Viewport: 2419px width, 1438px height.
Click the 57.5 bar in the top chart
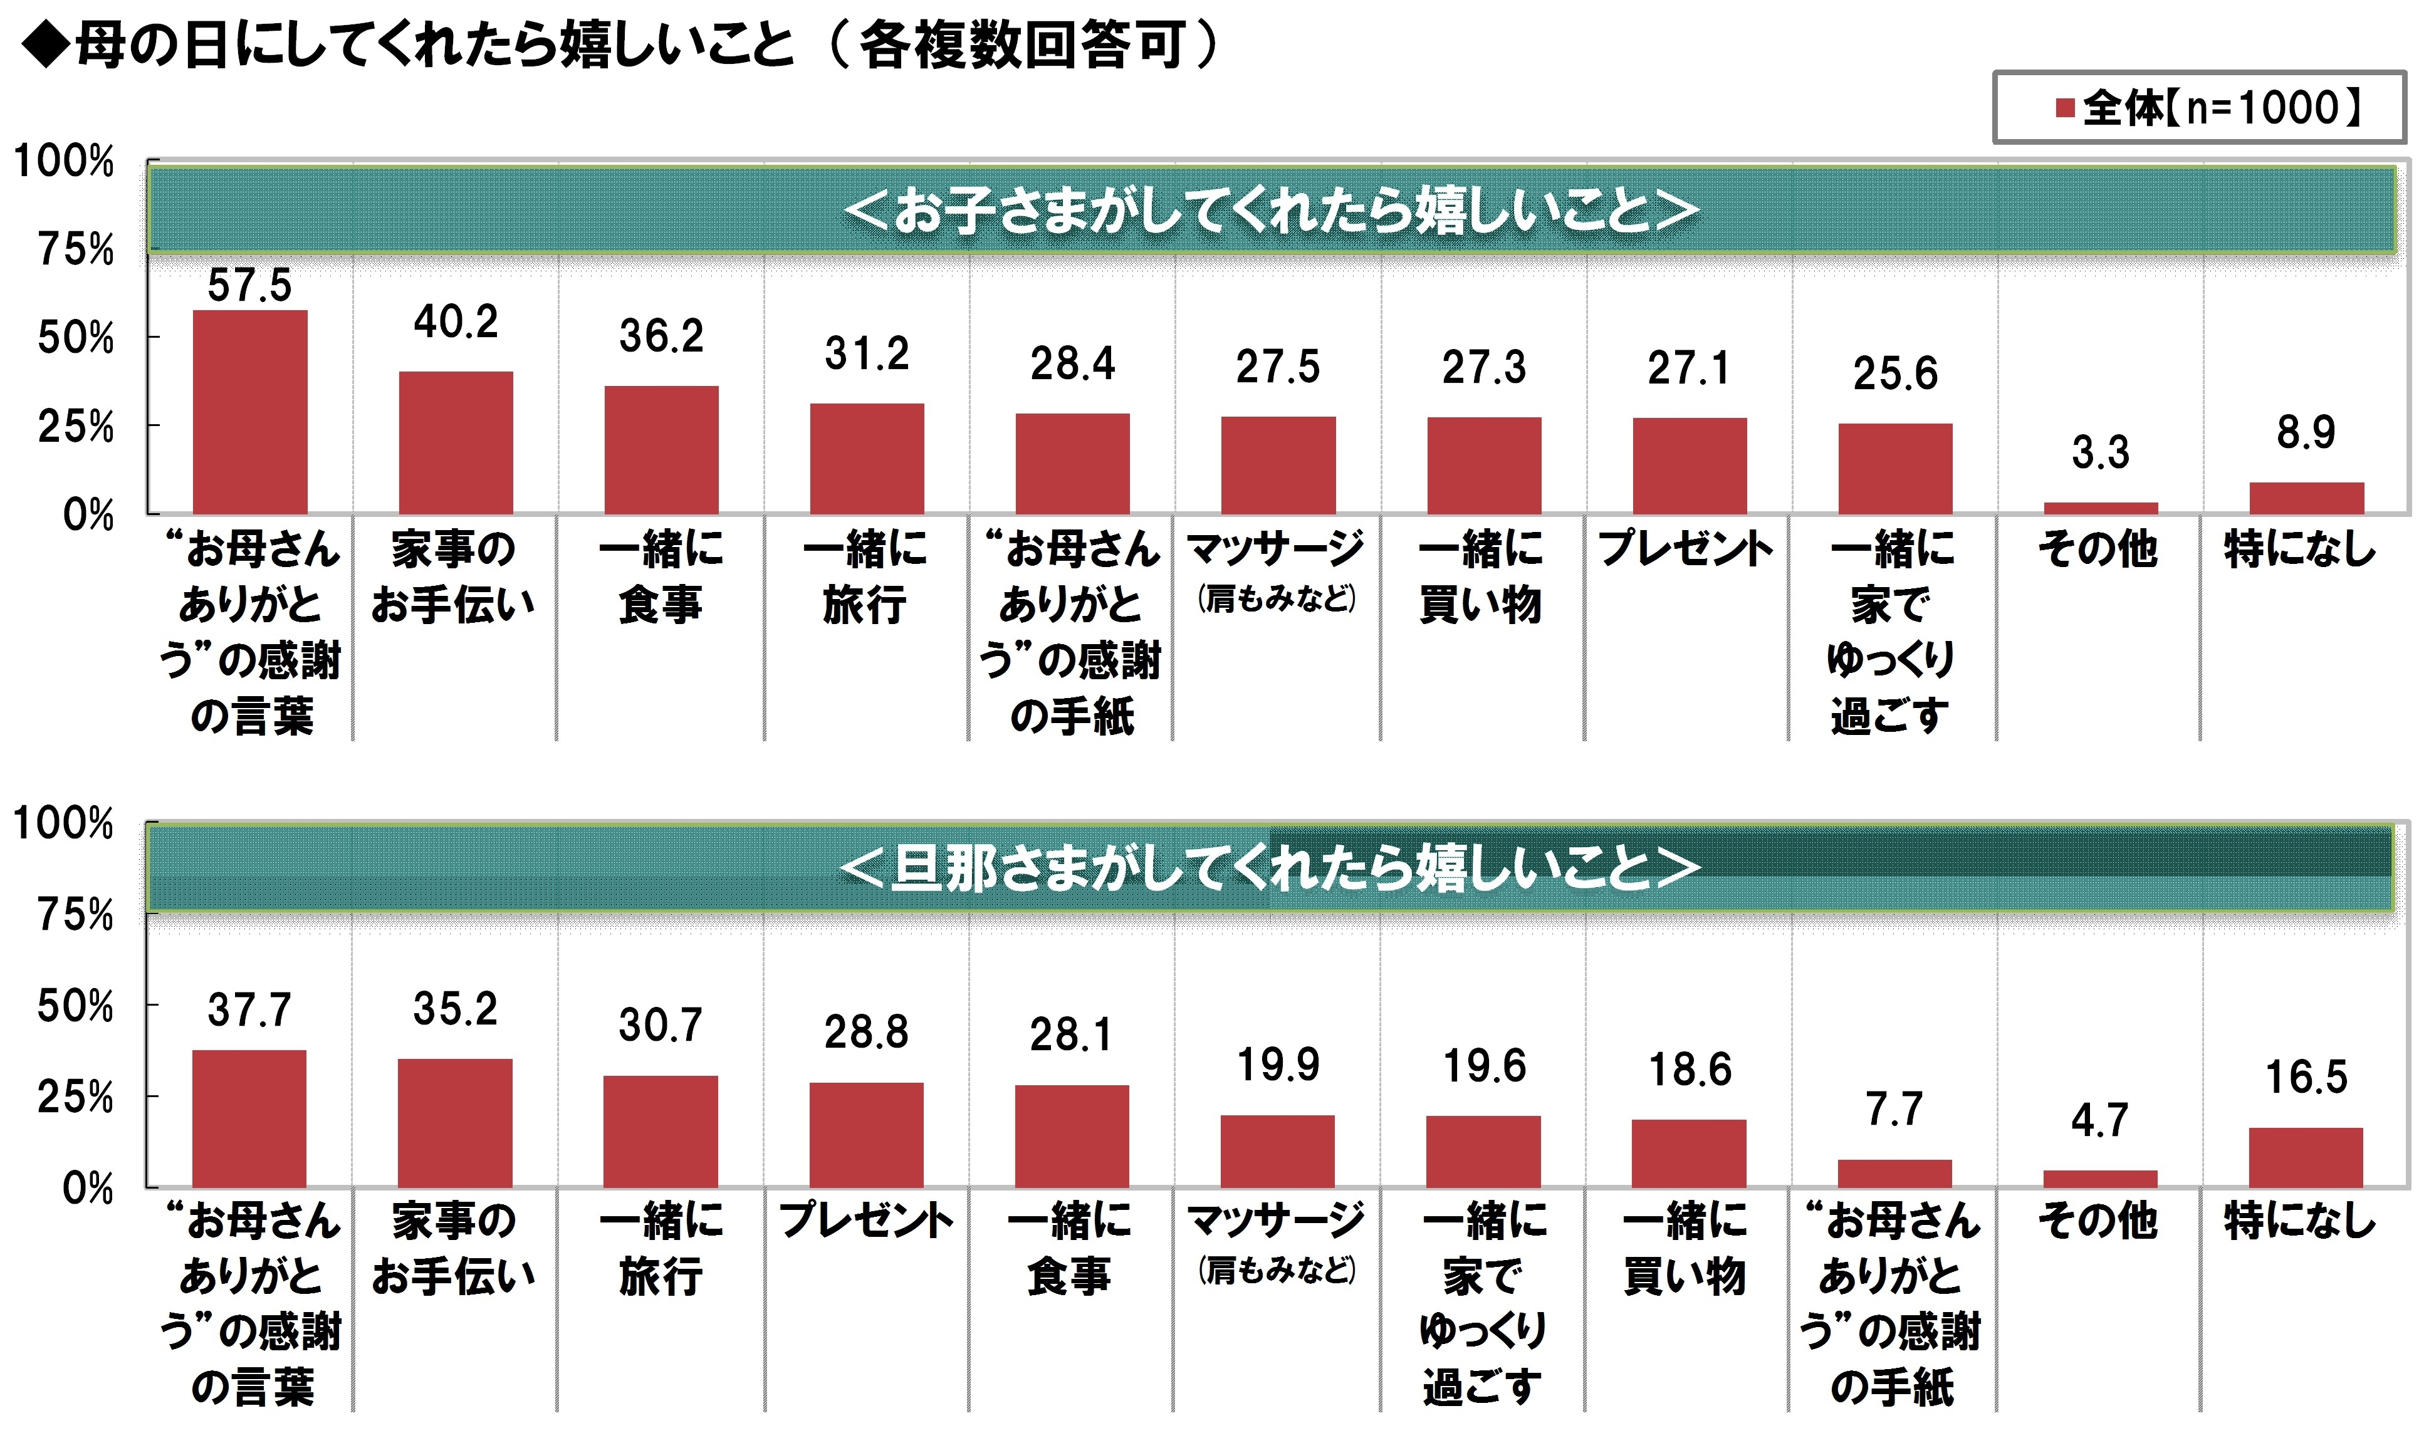tap(250, 412)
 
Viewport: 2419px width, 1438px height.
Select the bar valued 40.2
tap(456, 443)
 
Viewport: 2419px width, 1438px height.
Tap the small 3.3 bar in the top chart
tap(2100, 508)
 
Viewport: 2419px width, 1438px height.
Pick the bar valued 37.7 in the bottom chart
tap(249, 1118)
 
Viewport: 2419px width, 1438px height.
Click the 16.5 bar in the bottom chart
tap(2306, 1157)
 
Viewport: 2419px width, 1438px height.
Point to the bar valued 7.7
tap(1894, 1174)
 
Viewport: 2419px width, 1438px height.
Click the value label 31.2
tap(867, 353)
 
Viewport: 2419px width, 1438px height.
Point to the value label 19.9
tap(1277, 1066)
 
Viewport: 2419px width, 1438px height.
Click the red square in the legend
tap(2064, 108)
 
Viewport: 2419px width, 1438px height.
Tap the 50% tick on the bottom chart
tap(76, 1007)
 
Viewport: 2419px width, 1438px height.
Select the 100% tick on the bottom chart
tap(64, 825)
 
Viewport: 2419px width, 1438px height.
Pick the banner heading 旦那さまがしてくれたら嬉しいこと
tap(1270, 867)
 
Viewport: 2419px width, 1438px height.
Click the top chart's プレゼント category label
tap(1686, 548)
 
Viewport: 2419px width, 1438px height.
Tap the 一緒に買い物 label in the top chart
tap(1481, 576)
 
